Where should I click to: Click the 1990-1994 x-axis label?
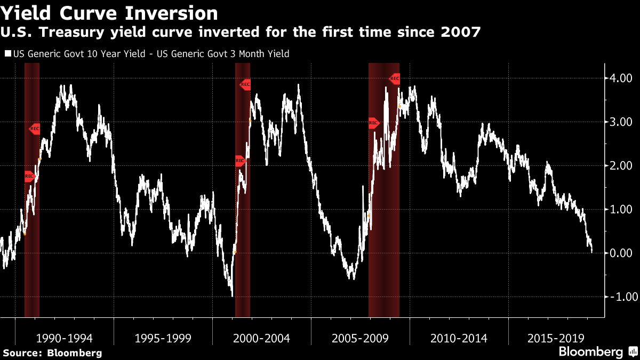pyautogui.click(x=64, y=338)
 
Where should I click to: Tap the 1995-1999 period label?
pyautogui.click(x=163, y=338)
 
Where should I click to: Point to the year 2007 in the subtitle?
pyautogui.click(x=461, y=33)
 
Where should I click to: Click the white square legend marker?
pyautogui.click(x=7, y=54)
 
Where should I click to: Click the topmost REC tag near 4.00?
pyautogui.click(x=395, y=79)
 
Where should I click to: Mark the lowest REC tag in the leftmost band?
pyautogui.click(x=29, y=177)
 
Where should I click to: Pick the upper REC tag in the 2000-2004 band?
pyautogui.click(x=245, y=84)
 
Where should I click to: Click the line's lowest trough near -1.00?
pyautogui.click(x=232, y=295)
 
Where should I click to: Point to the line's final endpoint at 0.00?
pyautogui.click(x=592, y=252)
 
